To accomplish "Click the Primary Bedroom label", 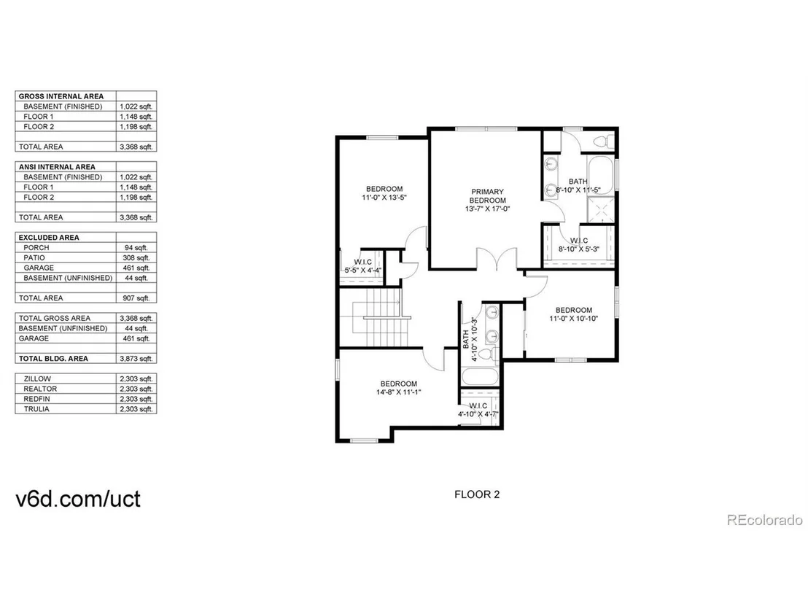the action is [x=487, y=196].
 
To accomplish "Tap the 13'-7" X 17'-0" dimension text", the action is [x=487, y=209].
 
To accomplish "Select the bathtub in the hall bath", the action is [x=480, y=376].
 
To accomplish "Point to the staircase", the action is [x=382, y=317].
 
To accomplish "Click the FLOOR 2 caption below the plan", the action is [x=477, y=494].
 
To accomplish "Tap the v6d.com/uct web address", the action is [x=78, y=499].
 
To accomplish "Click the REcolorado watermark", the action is [x=765, y=520].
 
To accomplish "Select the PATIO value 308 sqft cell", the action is [x=136, y=257].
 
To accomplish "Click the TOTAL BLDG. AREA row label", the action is [x=53, y=359].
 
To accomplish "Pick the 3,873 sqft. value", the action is [x=136, y=359].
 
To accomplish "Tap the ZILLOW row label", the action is [x=37, y=378].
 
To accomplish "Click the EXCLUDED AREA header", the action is [x=49, y=238].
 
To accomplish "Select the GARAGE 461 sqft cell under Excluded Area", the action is [x=136, y=268].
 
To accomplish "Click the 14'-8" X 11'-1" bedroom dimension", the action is [x=399, y=392].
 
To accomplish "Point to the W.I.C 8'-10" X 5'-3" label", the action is [x=579, y=245].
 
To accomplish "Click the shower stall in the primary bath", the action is [x=601, y=209].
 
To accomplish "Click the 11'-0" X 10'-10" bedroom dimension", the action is [x=573, y=319].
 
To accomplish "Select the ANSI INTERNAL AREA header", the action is [x=57, y=167].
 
